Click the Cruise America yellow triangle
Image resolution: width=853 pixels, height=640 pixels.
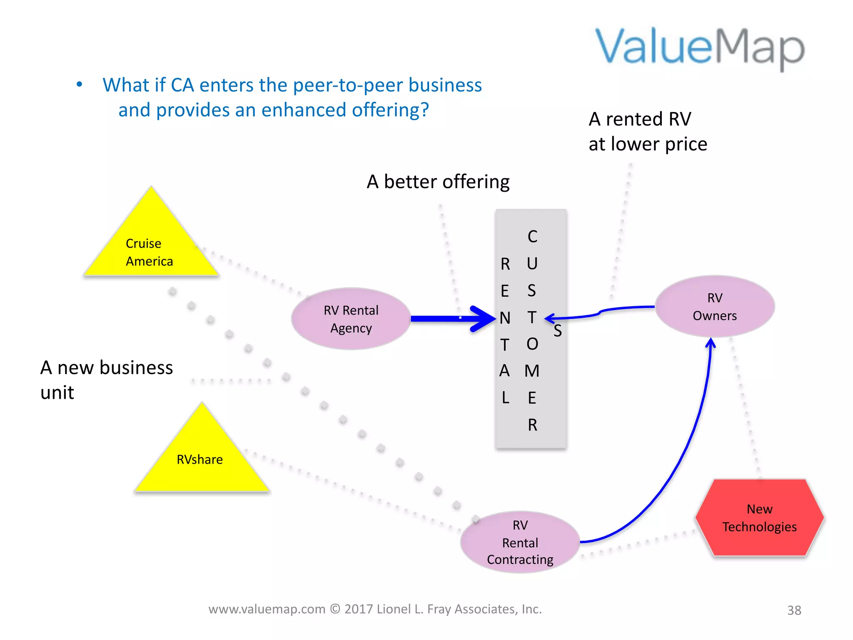pos(151,246)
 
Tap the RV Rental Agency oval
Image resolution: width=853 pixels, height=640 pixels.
pos(351,319)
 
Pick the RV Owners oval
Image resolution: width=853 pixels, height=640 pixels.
pos(714,307)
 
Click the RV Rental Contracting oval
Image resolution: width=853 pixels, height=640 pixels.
pos(520,542)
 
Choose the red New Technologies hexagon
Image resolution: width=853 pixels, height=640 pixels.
pos(759,518)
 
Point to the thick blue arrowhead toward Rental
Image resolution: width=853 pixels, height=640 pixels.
pos(485,319)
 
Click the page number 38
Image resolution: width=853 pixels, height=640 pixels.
pos(794,610)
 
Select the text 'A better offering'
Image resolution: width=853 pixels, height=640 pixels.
pos(438,182)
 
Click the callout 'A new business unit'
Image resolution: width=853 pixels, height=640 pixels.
pos(106,380)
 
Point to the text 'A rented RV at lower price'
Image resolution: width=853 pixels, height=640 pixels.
pos(647,132)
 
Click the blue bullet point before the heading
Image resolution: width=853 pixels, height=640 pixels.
pos(80,85)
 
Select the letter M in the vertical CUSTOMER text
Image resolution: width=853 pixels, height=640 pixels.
pos(532,371)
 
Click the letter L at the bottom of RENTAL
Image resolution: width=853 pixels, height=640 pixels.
pos(505,397)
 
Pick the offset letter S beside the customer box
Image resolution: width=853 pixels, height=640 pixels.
pos(558,331)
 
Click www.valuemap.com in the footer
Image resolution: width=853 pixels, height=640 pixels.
pos(267,609)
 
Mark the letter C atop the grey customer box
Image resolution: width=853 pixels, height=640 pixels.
pos(532,237)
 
